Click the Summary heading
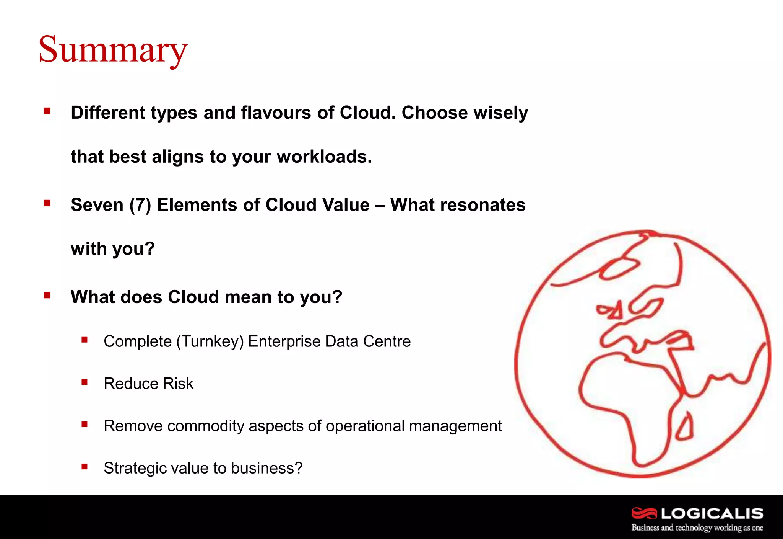113,50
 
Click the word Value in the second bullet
346,205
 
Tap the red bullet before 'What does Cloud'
47,295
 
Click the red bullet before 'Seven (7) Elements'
47,203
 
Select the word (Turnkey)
210,341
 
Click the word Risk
178,384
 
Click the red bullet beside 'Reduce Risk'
84,382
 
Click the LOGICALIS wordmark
712,513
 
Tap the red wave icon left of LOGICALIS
644,513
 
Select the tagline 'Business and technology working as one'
697,528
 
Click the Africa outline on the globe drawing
627,398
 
